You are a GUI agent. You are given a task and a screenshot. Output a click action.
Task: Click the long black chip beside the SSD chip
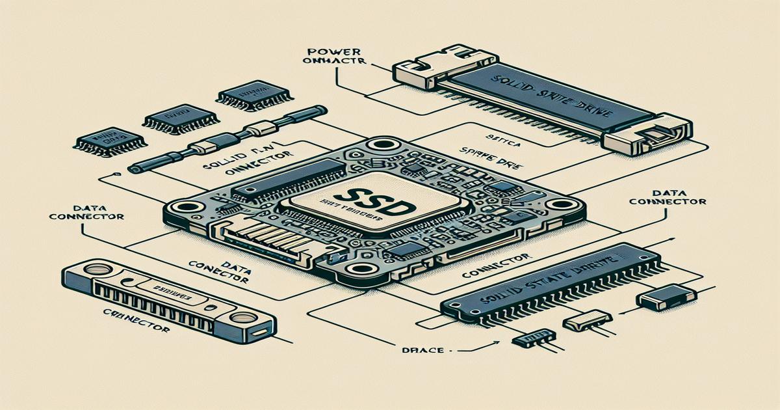[289, 177]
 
